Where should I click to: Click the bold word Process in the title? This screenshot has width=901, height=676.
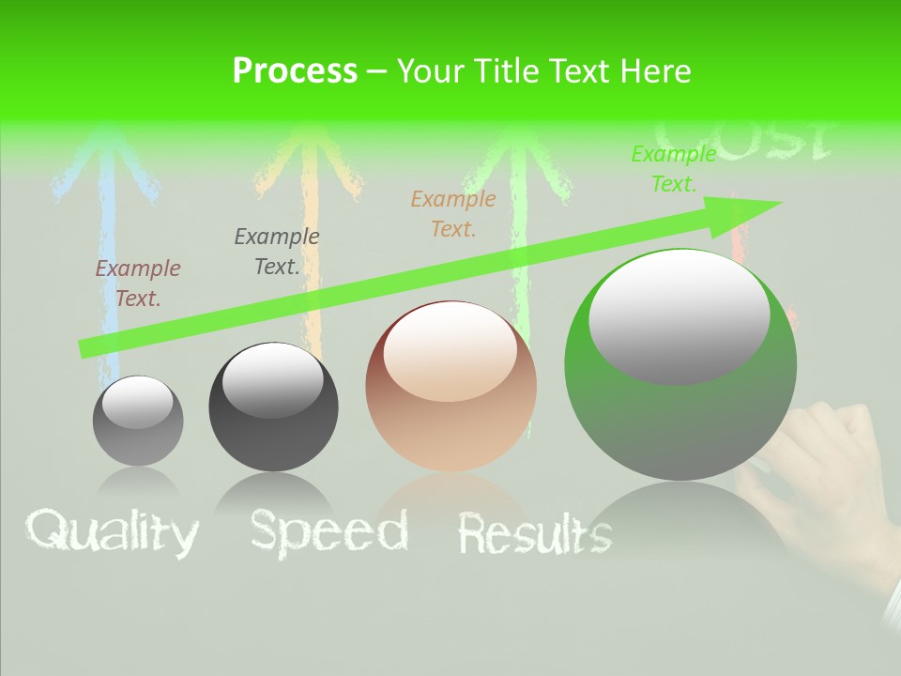[x=295, y=71]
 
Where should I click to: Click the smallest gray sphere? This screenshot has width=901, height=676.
[x=138, y=421]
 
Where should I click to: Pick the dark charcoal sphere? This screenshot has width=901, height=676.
[x=273, y=407]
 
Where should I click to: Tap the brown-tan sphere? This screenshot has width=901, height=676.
[x=450, y=387]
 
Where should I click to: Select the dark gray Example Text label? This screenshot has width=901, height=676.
[x=277, y=252]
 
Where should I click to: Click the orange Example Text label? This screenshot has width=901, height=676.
[x=453, y=213]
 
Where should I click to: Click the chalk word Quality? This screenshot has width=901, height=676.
[x=113, y=532]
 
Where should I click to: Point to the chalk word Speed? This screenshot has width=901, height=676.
[x=328, y=531]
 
